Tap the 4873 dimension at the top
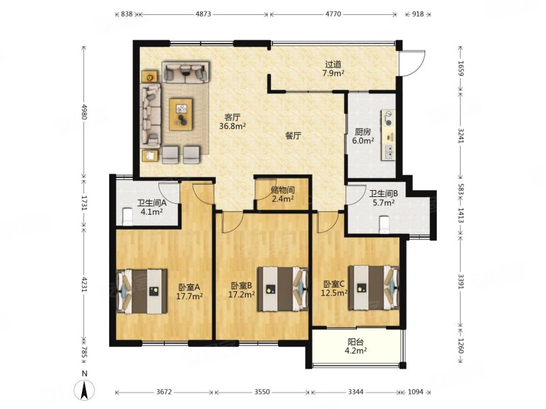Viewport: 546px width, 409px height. pos(203,14)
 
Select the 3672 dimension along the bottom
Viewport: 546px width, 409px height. pos(164,392)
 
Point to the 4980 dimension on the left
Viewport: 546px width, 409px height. pos(83,111)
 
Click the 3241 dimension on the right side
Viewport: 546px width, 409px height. pos(461,136)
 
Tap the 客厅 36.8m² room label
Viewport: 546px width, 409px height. pos(233,121)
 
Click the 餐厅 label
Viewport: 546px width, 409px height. pos(293,136)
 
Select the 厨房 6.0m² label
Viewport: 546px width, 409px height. pos(362,136)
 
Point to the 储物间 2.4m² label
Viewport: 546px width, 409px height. pos(283,194)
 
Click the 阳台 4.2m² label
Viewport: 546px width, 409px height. pos(355,346)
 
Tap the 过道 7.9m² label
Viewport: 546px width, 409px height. pos(333,69)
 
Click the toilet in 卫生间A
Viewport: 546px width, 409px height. pos(128,217)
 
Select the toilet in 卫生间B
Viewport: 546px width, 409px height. pos(384,224)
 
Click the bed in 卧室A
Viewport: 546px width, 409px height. pos(142,291)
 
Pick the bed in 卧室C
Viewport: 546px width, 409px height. pos(373,287)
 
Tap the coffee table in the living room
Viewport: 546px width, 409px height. pos(181,115)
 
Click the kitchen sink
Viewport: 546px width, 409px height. pos(389,151)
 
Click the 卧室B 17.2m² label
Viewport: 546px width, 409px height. pos(242,290)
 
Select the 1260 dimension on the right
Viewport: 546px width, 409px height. pos(461,346)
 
